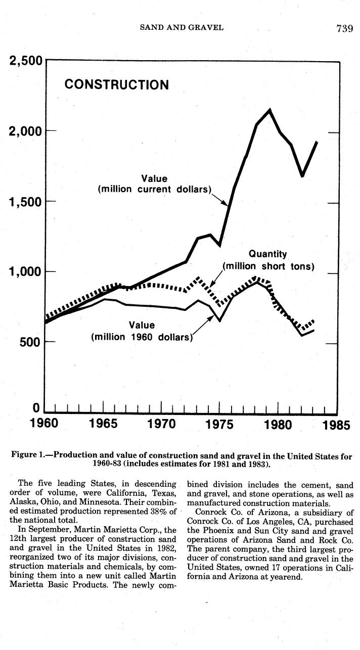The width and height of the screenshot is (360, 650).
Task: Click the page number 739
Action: tap(344, 28)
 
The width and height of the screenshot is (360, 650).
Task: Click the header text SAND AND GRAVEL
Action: tap(181, 27)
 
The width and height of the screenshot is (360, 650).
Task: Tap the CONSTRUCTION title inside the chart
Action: tap(117, 84)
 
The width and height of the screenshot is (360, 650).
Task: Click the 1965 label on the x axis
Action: tap(103, 424)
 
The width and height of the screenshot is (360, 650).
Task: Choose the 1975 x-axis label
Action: tap(219, 424)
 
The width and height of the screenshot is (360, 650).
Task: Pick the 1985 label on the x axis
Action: tap(336, 425)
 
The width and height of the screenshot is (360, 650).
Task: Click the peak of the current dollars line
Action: tap(270, 110)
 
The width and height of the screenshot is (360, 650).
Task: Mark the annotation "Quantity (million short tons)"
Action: tap(268, 260)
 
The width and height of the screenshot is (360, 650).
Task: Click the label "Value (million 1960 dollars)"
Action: tap(142, 331)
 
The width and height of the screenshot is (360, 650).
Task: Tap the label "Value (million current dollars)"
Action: tap(154, 184)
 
